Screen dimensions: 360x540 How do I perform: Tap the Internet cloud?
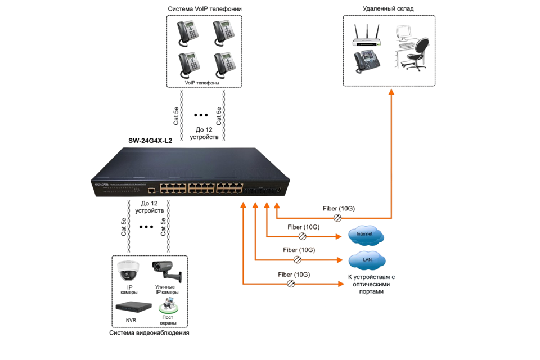[366, 236]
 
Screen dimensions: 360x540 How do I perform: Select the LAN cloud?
[366, 260]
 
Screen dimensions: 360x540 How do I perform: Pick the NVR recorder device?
[133, 307]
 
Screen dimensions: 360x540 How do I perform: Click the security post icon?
[168, 307]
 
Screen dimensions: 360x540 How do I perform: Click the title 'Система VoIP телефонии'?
[204, 9]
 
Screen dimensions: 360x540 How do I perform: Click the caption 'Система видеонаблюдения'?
[149, 333]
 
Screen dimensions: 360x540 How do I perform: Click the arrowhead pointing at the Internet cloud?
[340, 236]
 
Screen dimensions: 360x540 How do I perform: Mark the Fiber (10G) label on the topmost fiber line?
[339, 209]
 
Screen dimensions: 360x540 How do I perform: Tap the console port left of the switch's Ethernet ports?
[151, 191]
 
